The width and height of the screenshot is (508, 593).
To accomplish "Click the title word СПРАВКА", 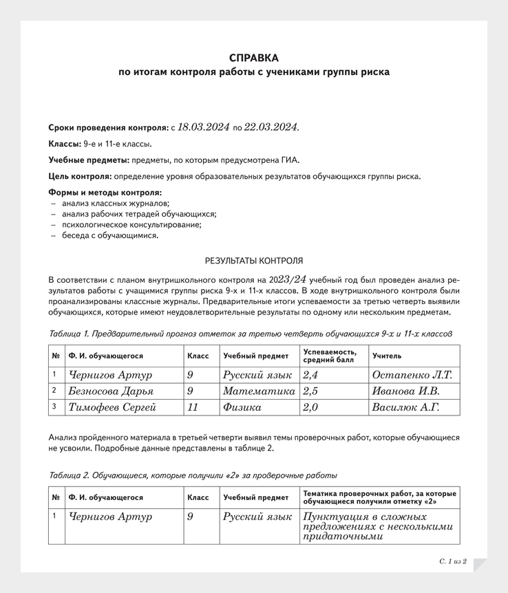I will click(x=254, y=58).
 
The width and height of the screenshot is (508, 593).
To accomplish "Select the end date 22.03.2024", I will click(x=272, y=127).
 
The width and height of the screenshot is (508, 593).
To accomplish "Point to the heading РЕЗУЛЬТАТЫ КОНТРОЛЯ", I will click(x=254, y=261).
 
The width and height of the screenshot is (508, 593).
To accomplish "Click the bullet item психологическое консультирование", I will click(x=131, y=224).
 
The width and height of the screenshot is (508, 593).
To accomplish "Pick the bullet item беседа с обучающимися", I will click(x=110, y=235).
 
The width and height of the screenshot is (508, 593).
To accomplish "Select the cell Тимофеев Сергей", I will click(x=113, y=407).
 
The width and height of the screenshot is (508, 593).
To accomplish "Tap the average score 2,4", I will click(x=312, y=375).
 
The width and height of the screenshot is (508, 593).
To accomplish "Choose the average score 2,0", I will click(x=312, y=407).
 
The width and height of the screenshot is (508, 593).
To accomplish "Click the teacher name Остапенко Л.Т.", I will click(x=412, y=375).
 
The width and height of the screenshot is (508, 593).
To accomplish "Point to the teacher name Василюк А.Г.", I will click(x=405, y=407).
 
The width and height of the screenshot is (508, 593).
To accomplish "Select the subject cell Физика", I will click(x=242, y=407).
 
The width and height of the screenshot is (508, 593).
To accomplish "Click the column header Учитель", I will click(x=387, y=356).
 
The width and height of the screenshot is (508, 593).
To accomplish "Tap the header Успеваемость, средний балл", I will click(x=330, y=356).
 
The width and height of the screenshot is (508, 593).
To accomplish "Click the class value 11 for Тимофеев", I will click(x=193, y=407).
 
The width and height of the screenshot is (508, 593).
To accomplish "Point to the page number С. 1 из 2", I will click(x=453, y=561).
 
